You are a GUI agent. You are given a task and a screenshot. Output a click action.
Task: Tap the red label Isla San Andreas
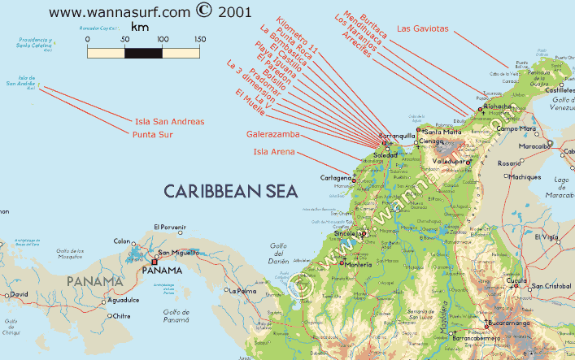pos(171,122)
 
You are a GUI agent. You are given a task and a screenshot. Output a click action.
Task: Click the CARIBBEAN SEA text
pos(230,191)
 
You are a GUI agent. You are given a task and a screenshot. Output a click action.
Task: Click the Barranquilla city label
pos(397,136)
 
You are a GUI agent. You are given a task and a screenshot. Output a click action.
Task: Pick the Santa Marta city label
pos(443,131)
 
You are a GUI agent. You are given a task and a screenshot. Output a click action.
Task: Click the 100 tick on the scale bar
pos(163,39)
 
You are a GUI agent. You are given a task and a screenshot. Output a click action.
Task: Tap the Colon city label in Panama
pos(122,241)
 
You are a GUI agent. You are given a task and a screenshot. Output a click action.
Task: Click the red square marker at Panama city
pos(154,262)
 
